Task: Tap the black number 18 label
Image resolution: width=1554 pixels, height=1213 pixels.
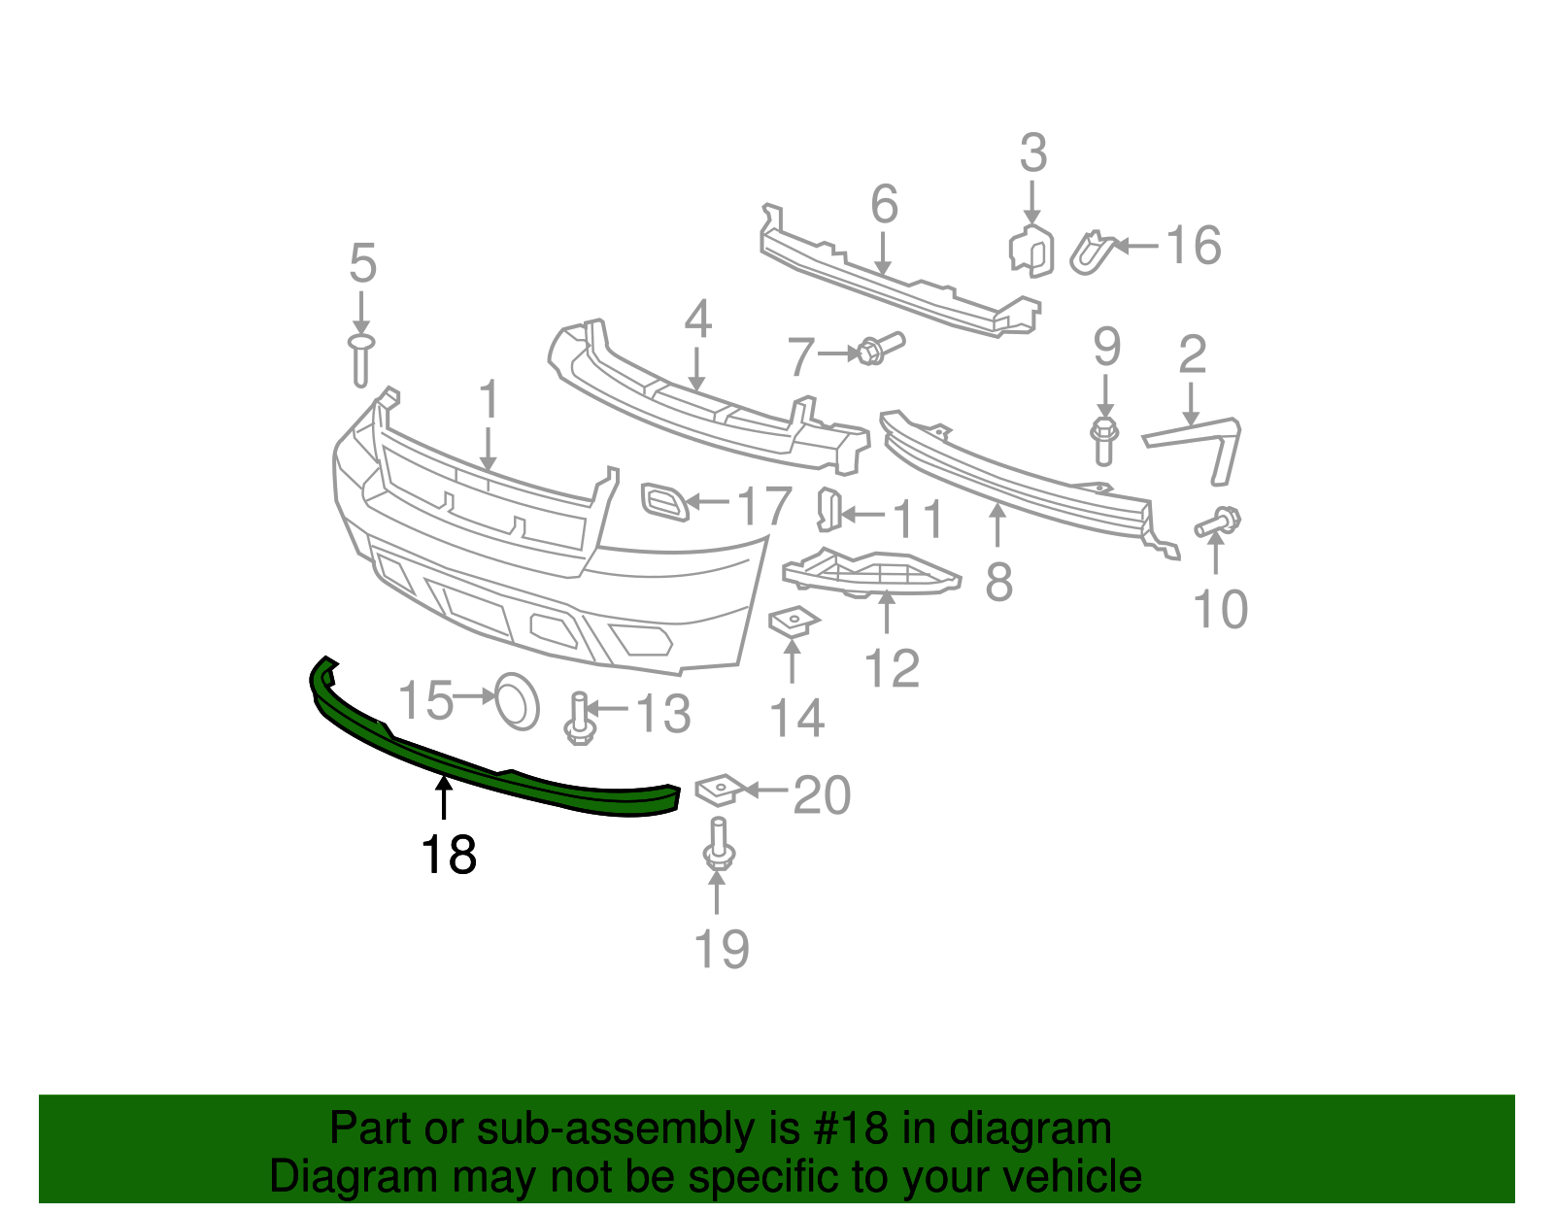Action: tap(449, 855)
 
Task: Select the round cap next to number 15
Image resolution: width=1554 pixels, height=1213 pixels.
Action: tap(517, 701)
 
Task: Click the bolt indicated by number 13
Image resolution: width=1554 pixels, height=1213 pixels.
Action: tap(579, 719)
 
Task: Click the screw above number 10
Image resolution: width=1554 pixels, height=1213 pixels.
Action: tap(1218, 522)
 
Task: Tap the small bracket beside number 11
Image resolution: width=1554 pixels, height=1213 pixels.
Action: tap(829, 510)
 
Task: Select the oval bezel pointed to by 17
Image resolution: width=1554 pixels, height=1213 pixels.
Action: tap(664, 502)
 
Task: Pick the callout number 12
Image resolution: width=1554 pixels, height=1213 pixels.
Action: tap(892, 669)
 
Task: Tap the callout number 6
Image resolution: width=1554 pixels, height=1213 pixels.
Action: tap(884, 204)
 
